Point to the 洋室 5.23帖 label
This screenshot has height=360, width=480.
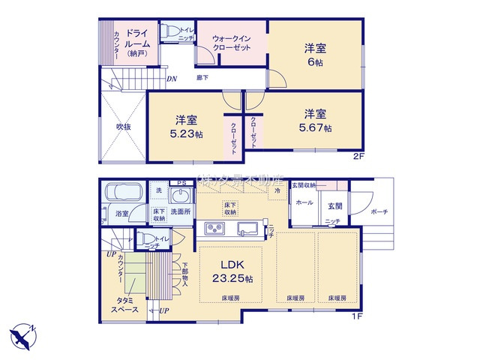pos(187,127)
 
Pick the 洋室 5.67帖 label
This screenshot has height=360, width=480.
pos(315,120)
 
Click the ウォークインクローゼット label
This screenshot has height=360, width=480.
pos(230,42)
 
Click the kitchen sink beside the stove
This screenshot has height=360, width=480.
pos(247,228)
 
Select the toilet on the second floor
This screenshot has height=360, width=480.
pos(170,32)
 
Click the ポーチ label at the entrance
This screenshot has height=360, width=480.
pos(379,212)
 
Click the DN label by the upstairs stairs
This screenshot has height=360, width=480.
pos(172,79)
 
